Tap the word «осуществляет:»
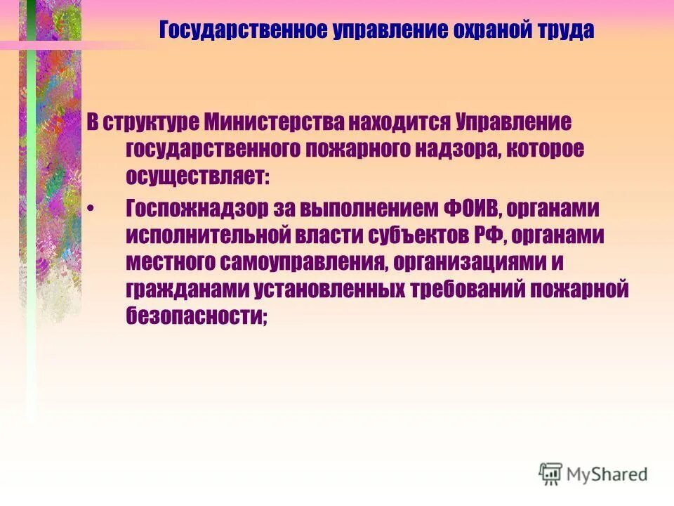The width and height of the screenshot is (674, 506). pos(197,176)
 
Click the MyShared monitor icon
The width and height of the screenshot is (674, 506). pos(551,473)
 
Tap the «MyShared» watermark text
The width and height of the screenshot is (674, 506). pos(608,474)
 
